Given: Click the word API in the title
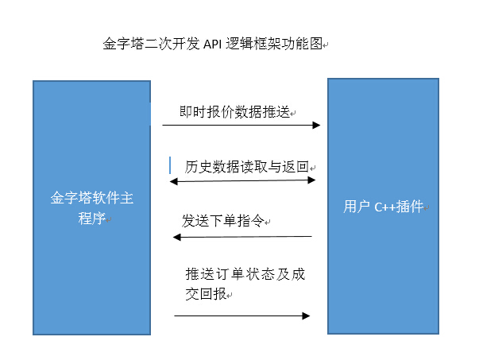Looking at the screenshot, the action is coord(212,44).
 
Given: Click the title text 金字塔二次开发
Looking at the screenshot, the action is coord(151,44).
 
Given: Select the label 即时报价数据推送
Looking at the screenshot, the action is coord(234,112).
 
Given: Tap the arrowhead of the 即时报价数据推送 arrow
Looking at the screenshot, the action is coord(316,125).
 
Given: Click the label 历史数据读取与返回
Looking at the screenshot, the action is coord(246,167).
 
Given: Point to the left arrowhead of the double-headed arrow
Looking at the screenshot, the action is coord(173,181).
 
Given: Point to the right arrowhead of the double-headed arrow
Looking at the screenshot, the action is coord(311,180).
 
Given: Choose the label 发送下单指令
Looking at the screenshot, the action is coord(223,221).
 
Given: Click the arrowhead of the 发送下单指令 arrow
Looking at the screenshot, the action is coord(177,237).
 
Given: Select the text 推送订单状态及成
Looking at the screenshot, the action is coord(245,274).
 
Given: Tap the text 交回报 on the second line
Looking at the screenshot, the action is coord(206,294).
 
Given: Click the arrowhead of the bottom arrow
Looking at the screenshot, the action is coord(306,315).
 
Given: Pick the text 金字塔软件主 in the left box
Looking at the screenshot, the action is coord(92,198).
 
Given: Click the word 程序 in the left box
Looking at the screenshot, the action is coord(91,219).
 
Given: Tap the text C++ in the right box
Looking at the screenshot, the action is coord(385,207).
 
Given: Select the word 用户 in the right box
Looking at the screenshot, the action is coord(357,207).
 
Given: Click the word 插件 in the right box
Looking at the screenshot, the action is coord(410,207).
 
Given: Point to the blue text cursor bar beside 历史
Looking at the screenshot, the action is coord(170,165).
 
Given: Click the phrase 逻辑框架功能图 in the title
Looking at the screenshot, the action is coord(274,44).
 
